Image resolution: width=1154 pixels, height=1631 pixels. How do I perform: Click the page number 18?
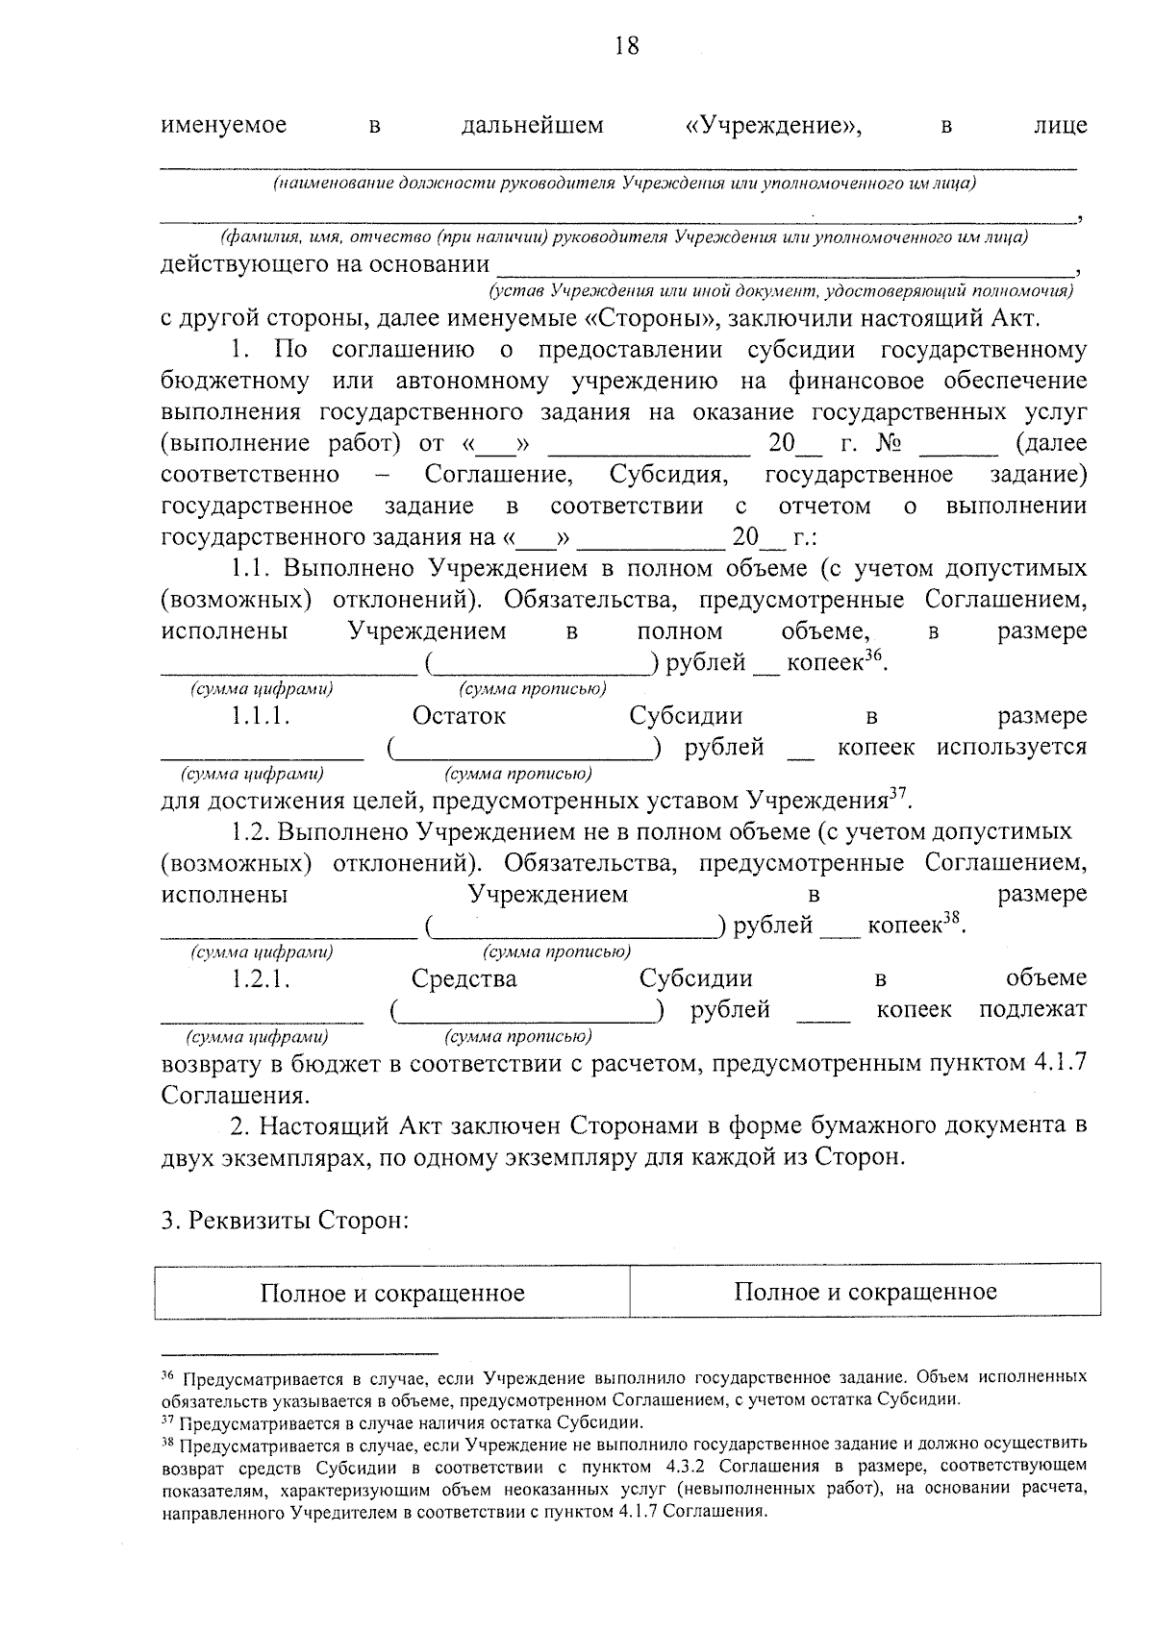(x=625, y=46)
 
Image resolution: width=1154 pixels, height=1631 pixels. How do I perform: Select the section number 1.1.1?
(x=260, y=716)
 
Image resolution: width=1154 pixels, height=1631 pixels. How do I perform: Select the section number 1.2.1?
(x=260, y=979)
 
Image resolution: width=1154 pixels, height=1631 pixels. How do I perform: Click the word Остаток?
(x=459, y=716)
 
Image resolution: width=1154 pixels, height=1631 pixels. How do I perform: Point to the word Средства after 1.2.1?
(x=464, y=979)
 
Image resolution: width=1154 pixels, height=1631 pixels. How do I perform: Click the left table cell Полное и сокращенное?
(x=392, y=1293)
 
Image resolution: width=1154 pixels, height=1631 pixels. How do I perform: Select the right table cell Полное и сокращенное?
(x=865, y=1291)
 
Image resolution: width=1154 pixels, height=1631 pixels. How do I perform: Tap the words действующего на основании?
(x=325, y=264)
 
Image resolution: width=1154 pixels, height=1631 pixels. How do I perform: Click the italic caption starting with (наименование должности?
(x=624, y=183)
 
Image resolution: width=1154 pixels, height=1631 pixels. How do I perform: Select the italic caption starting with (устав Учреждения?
(x=781, y=289)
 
